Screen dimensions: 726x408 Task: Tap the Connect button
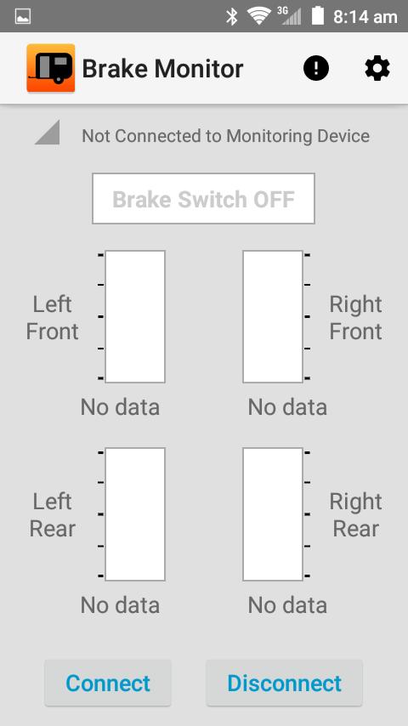108,683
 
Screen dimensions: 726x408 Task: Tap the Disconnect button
284,683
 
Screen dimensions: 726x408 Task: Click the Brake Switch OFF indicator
203,199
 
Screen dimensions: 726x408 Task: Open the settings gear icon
377,69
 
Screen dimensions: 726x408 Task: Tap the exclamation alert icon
316,69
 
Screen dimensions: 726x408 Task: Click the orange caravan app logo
50,69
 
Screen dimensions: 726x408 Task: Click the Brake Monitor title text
162,69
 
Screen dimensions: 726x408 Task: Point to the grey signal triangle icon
48,133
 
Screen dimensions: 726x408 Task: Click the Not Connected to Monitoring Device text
225,136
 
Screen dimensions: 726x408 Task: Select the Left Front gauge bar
135,316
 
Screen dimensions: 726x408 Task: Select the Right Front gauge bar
273,316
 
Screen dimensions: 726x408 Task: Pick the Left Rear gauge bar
135,514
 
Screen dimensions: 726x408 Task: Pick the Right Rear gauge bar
273,514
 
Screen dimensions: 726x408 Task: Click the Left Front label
53,318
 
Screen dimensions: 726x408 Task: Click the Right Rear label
355,515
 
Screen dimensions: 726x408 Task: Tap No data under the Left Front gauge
120,407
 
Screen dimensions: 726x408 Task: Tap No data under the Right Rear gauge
287,605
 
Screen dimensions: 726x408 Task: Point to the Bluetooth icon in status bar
232,16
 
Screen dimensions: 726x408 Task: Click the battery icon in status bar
318,16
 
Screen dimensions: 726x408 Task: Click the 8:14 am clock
365,16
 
